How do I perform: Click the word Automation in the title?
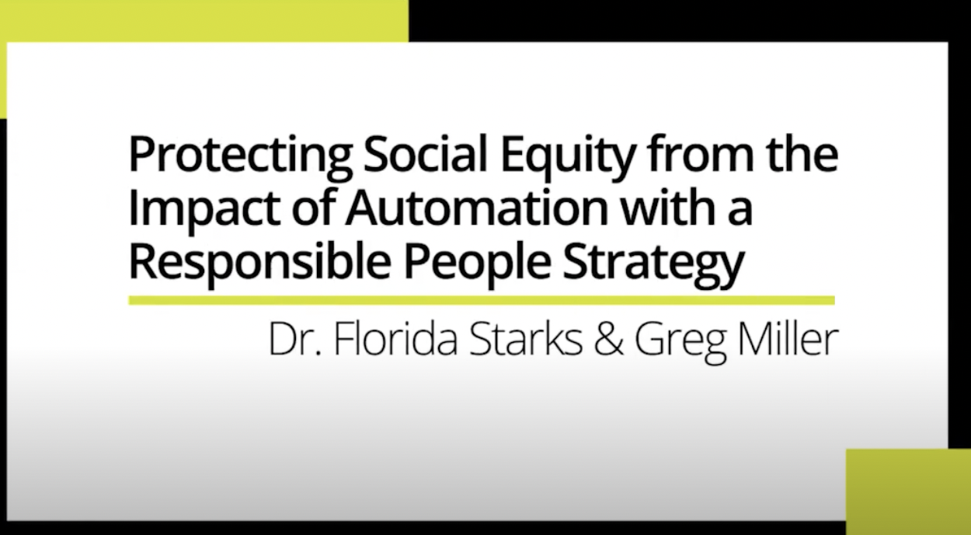pos(477,208)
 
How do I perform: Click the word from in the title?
pos(701,153)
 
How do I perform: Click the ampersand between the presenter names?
pos(608,339)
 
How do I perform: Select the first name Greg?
pos(680,343)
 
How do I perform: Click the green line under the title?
pos(482,300)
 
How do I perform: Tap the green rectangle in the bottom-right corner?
pos(909,491)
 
